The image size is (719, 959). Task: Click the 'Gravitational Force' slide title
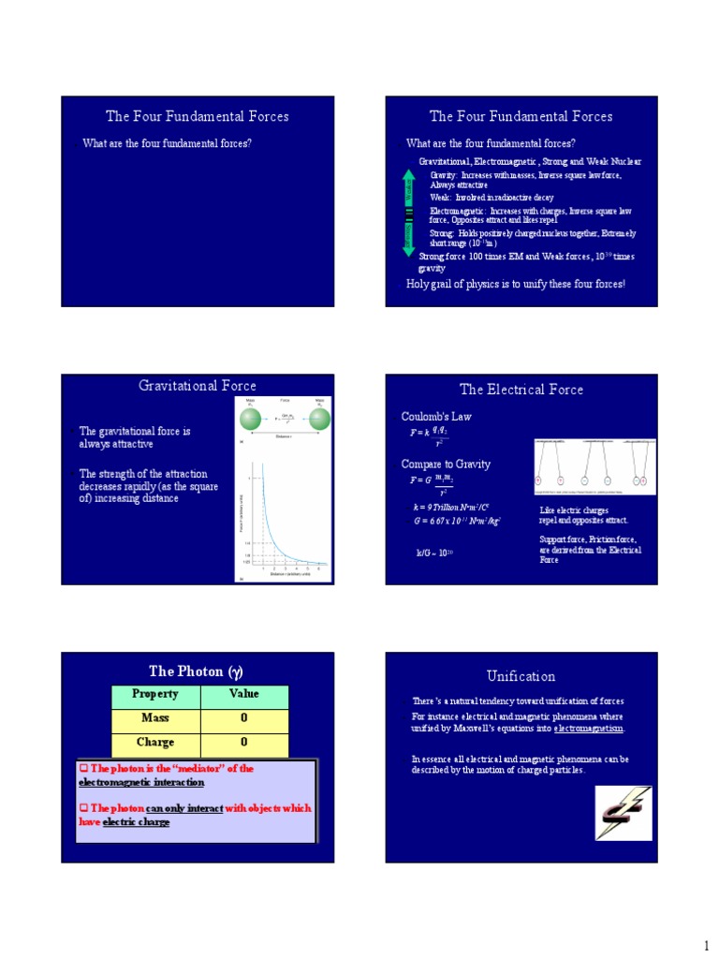(198, 386)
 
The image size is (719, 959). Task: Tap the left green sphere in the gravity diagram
(250, 416)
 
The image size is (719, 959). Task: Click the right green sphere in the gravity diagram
(319, 416)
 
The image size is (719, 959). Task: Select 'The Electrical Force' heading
(521, 390)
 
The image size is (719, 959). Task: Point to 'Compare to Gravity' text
(446, 464)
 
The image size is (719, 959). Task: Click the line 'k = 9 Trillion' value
(449, 507)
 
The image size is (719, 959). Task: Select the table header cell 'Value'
(244, 695)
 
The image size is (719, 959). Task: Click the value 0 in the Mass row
(244, 718)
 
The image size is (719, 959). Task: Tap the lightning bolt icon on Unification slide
(623, 812)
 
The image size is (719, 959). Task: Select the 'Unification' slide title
(521, 676)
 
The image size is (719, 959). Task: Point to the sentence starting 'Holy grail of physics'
(515, 284)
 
